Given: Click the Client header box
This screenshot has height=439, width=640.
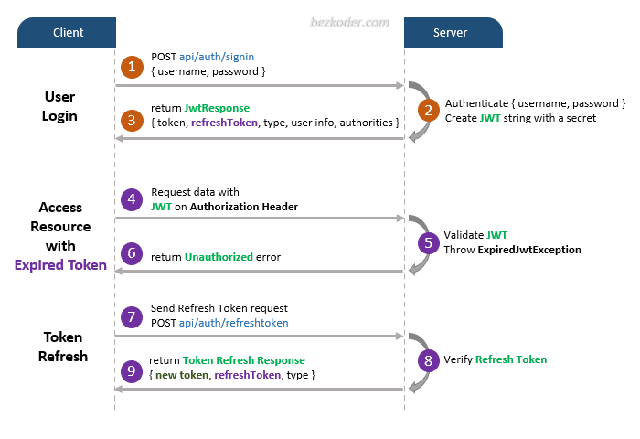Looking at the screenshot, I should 69,33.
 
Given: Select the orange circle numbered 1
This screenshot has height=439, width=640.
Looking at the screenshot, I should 133,67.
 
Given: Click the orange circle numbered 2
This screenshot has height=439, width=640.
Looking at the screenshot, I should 427,111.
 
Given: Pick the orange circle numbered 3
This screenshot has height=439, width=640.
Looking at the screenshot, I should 133,119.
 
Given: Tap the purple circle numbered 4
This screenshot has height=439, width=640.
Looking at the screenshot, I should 133,198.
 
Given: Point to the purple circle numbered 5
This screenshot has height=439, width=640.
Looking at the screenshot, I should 427,241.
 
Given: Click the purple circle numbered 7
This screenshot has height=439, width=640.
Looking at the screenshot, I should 133,316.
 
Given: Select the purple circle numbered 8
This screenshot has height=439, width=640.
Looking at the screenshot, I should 427,359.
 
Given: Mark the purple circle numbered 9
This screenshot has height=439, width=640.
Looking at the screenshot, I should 133,370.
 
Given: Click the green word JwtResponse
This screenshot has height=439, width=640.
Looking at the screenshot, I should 217,108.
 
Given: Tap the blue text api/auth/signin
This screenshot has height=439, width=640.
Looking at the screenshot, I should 218,57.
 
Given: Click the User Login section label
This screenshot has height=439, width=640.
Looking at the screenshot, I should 60,106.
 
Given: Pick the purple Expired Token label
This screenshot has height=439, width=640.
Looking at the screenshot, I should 60,265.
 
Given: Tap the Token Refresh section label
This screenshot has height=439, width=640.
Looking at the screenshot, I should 62,347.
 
